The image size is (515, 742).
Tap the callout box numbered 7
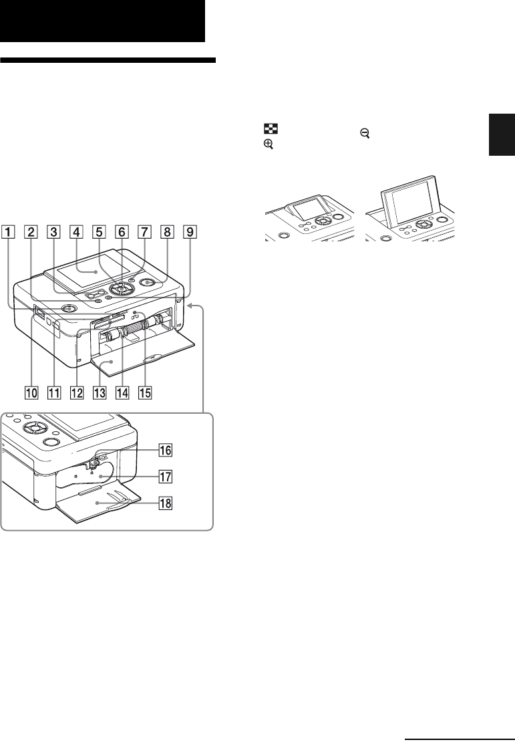click(144, 233)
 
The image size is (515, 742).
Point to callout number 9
click(190, 233)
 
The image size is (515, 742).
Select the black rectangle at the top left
click(102, 21)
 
